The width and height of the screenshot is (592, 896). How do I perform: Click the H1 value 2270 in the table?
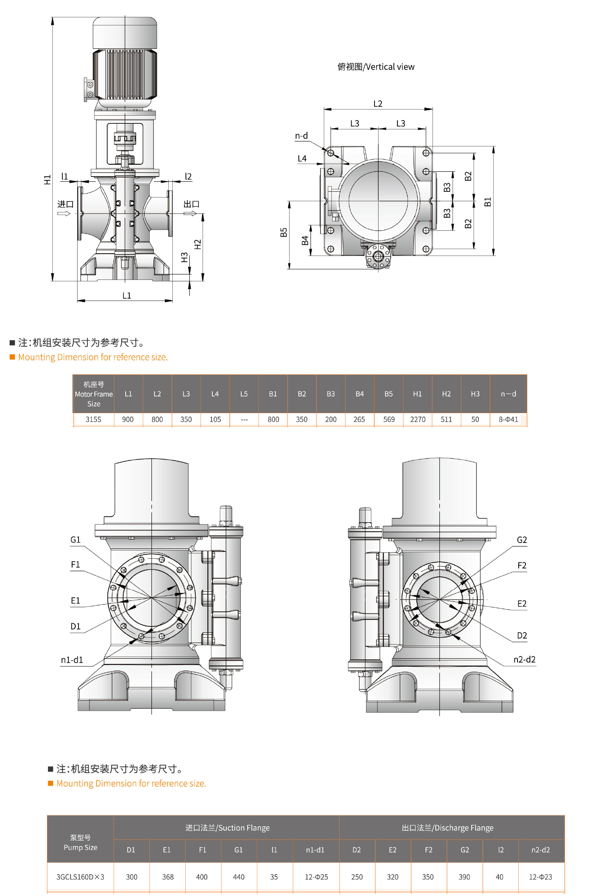[418, 419]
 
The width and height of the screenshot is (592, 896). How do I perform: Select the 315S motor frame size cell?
[93, 419]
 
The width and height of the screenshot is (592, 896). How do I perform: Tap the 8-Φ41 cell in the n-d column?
[508, 419]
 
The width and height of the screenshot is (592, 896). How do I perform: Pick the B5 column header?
[389, 394]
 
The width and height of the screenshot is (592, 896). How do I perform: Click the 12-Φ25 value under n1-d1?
[316, 877]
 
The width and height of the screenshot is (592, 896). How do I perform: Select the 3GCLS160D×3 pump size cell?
[80, 877]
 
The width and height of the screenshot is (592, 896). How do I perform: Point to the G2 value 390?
[464, 877]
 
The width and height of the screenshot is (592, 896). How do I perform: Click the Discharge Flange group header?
[447, 827]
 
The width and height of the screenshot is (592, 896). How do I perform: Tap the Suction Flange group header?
[227, 827]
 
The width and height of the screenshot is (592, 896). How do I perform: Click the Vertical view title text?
[376, 67]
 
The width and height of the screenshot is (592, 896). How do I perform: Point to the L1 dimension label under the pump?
[127, 295]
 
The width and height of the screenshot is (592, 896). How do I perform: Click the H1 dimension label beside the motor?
[48, 179]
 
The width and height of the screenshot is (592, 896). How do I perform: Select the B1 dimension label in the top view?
[488, 202]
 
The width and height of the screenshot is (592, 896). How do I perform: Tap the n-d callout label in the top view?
[301, 136]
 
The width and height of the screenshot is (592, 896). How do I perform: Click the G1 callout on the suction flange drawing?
[75, 540]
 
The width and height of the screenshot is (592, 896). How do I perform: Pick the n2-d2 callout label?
[524, 659]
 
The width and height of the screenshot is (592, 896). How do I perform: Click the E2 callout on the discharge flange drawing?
[522, 603]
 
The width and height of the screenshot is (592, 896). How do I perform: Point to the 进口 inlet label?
[65, 204]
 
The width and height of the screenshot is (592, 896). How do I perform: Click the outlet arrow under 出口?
[190, 213]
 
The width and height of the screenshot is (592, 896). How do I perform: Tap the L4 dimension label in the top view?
[302, 158]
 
